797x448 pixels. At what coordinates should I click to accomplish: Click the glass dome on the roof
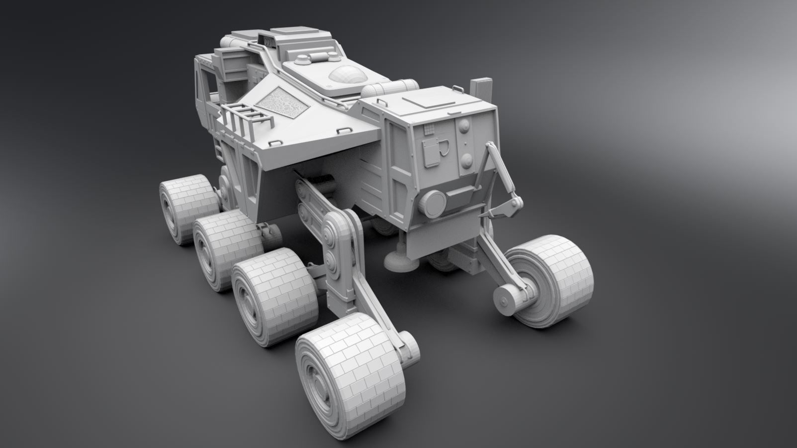(x=347, y=75)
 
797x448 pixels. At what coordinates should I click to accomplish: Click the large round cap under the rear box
(x=434, y=202)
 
